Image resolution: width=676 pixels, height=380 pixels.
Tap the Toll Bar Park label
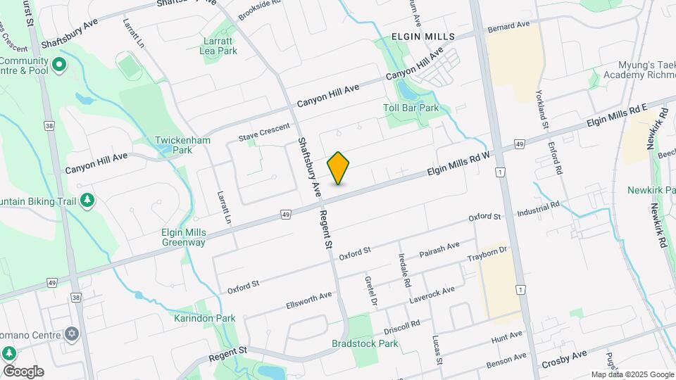coord(411,108)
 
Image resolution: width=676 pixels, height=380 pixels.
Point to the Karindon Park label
coord(204,318)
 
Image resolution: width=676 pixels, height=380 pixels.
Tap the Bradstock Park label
coord(365,343)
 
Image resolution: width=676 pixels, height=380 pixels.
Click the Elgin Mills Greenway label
coord(173,237)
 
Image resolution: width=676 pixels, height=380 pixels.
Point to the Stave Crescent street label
coord(264,132)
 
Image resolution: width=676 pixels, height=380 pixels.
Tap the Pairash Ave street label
coord(439,248)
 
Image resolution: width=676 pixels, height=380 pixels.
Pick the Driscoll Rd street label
coord(401,326)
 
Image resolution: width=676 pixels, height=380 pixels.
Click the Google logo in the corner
coord(23,371)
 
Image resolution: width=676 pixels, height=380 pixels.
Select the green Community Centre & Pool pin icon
coord(59,65)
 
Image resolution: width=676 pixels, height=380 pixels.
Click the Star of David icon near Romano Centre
coord(71,333)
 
